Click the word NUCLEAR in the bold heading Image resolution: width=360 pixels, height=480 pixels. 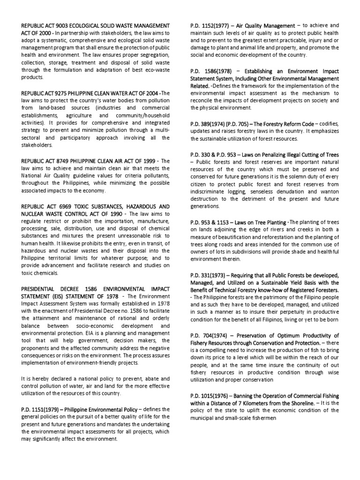coord(31,214)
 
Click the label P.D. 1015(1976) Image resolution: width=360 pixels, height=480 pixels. coord(208,395)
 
